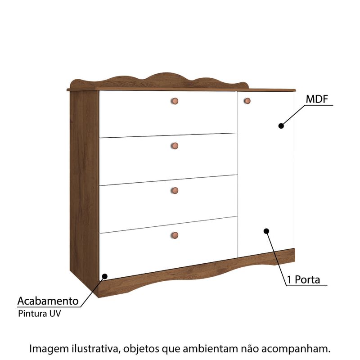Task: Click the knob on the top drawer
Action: [175, 101]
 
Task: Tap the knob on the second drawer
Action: [175, 145]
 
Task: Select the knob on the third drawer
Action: [175, 190]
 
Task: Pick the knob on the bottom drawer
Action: [175, 234]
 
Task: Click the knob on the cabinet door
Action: [247, 101]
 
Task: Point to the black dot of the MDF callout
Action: [281, 126]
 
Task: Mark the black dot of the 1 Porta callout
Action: [266, 231]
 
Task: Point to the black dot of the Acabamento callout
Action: [105, 276]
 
